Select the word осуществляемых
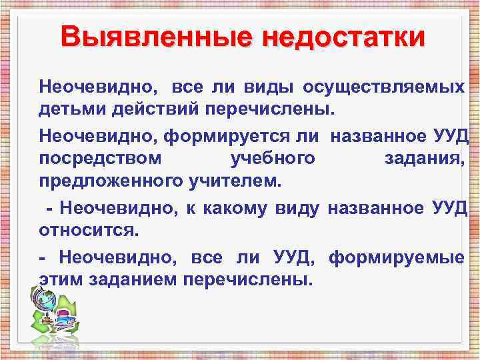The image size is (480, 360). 384,87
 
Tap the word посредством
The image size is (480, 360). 99,158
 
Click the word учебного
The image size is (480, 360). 272,158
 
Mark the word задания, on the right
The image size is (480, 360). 424,158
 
